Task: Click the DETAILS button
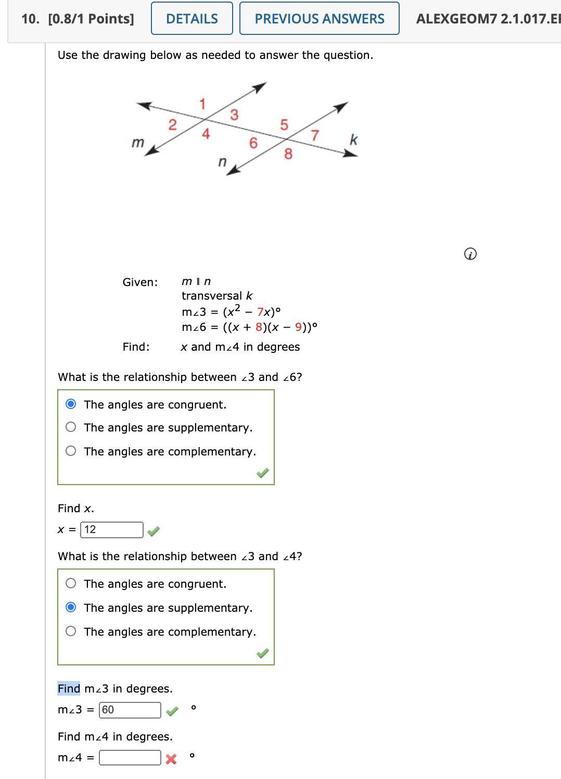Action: click(192, 19)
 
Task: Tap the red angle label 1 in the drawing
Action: click(202, 104)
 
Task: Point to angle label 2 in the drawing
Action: click(172, 125)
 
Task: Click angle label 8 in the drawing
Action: click(288, 154)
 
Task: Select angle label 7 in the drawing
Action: click(314, 135)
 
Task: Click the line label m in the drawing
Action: click(137, 142)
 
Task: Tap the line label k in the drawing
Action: click(353, 140)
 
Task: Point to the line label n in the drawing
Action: click(222, 162)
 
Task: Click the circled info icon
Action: click(469, 254)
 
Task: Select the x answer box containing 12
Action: click(112, 530)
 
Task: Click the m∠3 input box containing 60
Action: click(130, 710)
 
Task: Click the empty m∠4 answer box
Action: click(130, 758)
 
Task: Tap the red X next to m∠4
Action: click(171, 759)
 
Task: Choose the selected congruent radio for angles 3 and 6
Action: click(71, 404)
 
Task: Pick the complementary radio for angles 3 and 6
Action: click(71, 451)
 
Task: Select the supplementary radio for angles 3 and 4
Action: click(71, 608)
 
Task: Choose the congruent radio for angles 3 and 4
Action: click(71, 584)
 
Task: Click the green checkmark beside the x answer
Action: click(154, 531)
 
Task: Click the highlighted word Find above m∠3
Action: click(69, 688)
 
